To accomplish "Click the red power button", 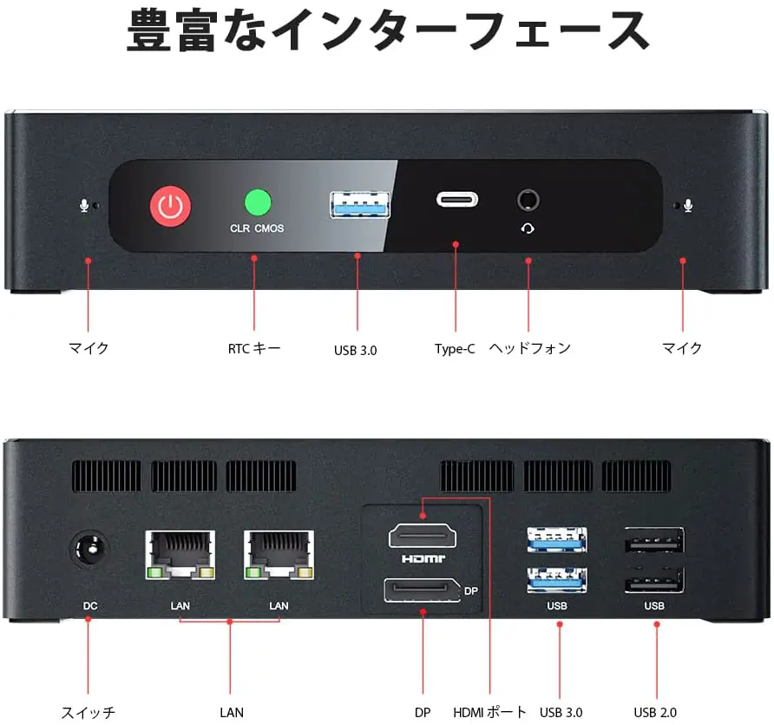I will (x=171, y=205).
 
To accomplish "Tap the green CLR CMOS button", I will (x=257, y=202).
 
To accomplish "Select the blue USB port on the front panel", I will (x=359, y=204).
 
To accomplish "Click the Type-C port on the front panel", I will (x=456, y=199).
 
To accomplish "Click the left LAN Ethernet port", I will (x=180, y=557).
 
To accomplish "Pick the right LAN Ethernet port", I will (x=279, y=557).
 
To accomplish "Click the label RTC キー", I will (x=254, y=348).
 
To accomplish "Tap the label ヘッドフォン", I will (x=530, y=348).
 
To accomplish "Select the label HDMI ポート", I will (x=490, y=712).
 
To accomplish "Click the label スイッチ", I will (x=88, y=713).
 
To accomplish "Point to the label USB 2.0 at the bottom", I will (x=655, y=713).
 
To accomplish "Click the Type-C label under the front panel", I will (x=455, y=349).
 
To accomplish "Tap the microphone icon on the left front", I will (x=84, y=207).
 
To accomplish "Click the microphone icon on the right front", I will (x=688, y=206).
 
